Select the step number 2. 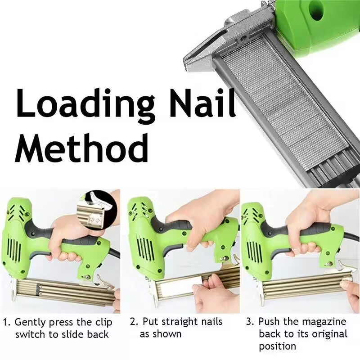click(x=133, y=322)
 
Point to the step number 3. click(x=251, y=322)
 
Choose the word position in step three click(x=277, y=346)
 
